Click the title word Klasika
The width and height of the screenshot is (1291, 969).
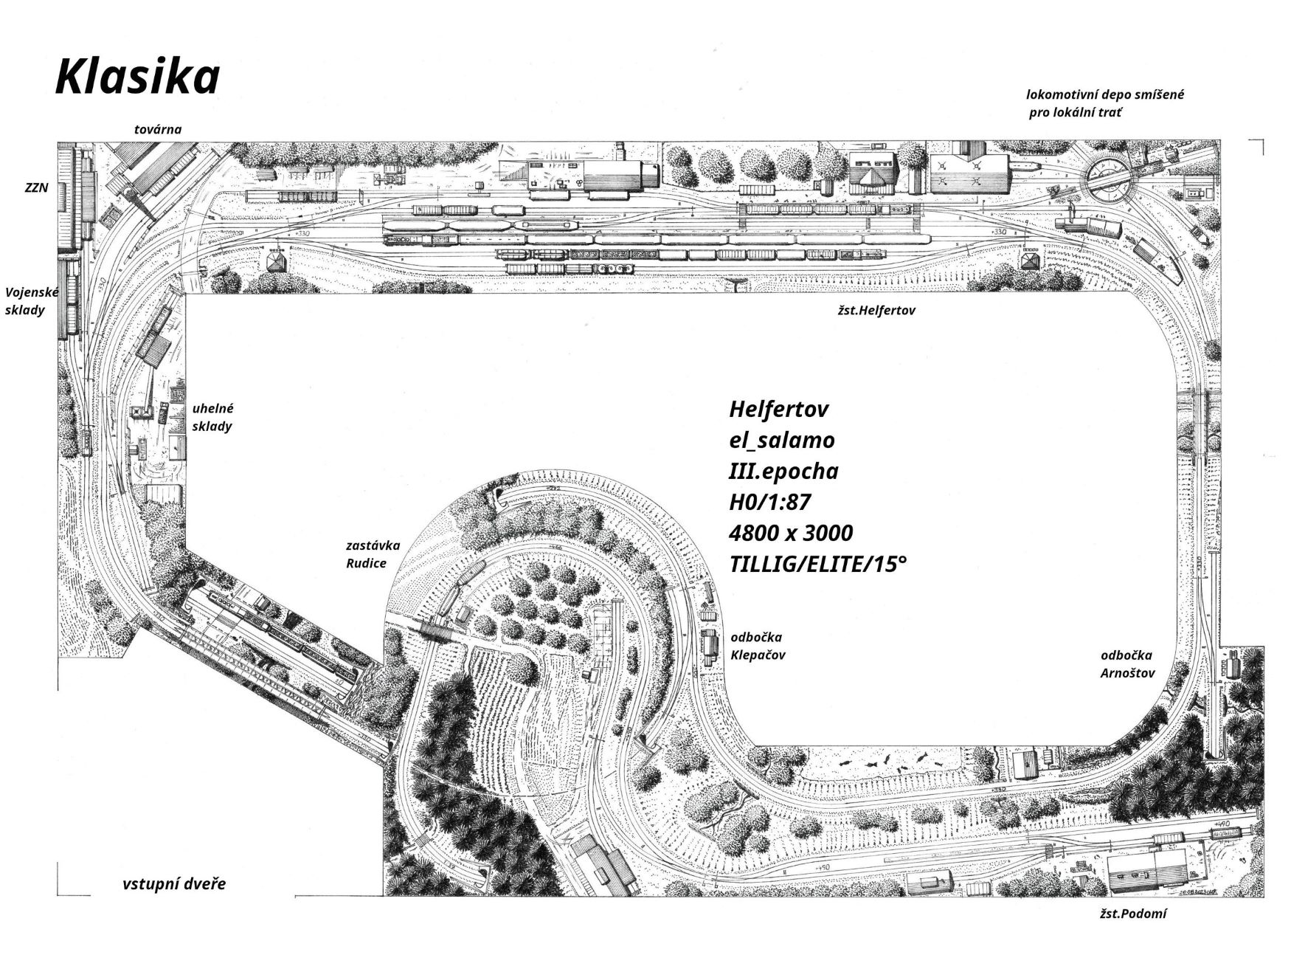pos(138,77)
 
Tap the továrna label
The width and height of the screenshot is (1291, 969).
pos(158,130)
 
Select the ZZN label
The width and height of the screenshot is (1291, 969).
pos(36,188)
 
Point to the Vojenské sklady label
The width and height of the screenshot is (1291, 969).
pos(31,301)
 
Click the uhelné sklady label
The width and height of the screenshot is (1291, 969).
pos(212,417)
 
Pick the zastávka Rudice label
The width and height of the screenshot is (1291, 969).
pos(373,554)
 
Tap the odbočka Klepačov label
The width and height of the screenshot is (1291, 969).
pos(757,646)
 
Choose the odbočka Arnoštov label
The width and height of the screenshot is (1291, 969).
pos(1126,663)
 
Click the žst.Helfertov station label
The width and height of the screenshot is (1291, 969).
pos(875,311)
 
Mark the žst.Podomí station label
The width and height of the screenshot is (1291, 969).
pos(1133,914)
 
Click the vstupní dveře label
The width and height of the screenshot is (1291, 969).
pos(174,884)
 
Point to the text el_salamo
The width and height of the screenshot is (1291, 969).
pos(781,440)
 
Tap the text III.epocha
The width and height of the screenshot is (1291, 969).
pos(783,471)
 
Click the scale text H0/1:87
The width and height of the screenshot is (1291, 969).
pos(769,502)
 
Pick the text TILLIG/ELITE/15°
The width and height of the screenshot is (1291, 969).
pos(817,565)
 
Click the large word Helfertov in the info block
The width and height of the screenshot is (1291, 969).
pos(778,409)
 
